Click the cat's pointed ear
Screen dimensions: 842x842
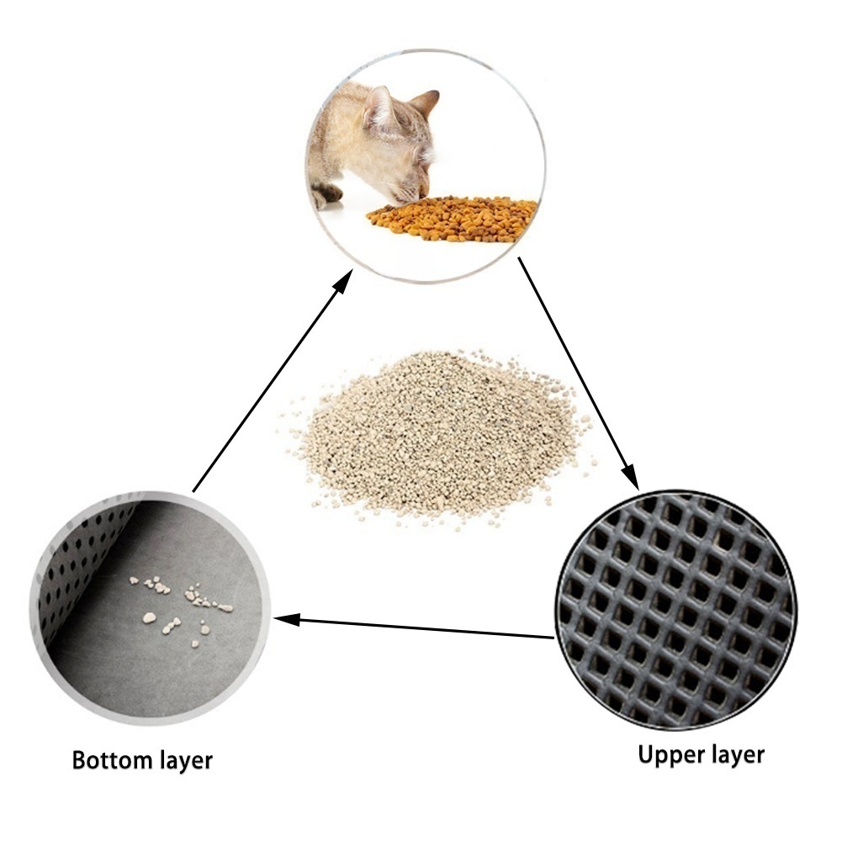point(424,103)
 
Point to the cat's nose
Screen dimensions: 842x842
point(423,193)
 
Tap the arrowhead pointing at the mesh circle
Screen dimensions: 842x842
point(630,476)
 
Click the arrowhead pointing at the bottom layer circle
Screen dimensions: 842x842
point(286,619)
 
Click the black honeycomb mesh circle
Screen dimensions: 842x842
point(675,610)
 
